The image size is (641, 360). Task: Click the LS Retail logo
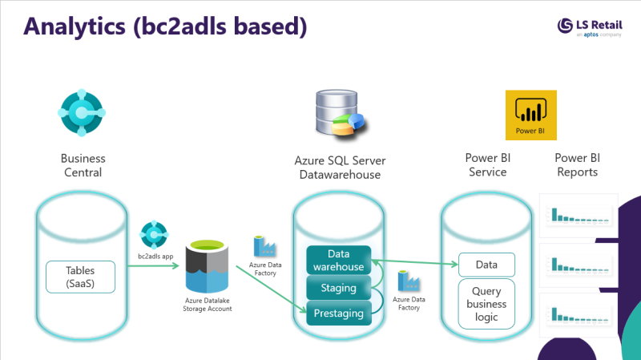593,28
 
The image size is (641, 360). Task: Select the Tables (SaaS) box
81,277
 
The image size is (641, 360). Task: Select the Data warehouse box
337,260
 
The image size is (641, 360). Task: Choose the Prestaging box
337,313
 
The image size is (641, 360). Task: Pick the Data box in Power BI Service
486,264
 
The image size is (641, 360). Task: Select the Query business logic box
486,304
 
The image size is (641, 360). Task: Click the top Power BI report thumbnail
578,215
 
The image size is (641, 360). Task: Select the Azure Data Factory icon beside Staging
409,282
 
